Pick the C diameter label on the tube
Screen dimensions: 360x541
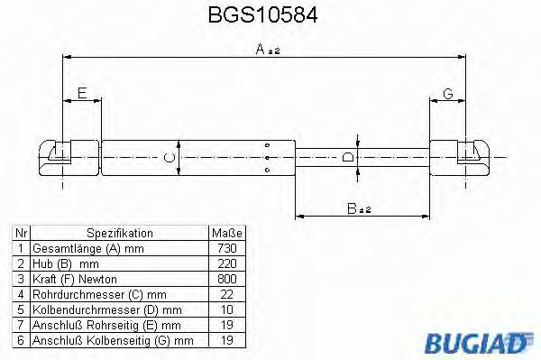(168, 159)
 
